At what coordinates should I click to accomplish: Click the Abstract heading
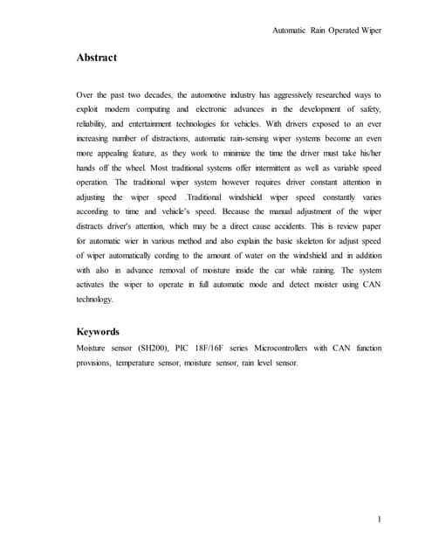coord(96,59)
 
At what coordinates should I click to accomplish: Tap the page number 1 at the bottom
coord(380,521)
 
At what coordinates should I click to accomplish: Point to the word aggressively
coord(288,93)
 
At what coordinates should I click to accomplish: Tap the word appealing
coord(112,153)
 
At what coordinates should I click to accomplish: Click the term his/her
coord(369,153)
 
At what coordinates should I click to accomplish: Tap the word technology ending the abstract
coord(95,300)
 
